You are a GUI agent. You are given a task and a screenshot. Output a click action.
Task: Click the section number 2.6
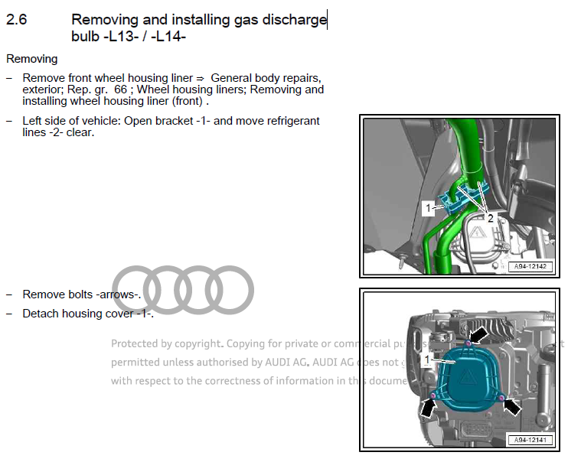coord(16,21)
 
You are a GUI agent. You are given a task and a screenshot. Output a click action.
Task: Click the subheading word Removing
coord(31,59)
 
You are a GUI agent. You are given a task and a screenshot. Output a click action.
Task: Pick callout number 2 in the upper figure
coord(491,217)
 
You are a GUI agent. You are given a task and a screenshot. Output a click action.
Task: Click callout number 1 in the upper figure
coord(429,207)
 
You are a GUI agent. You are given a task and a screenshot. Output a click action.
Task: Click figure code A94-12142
coord(530,268)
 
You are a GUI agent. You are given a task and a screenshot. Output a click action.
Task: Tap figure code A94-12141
coord(530,441)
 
